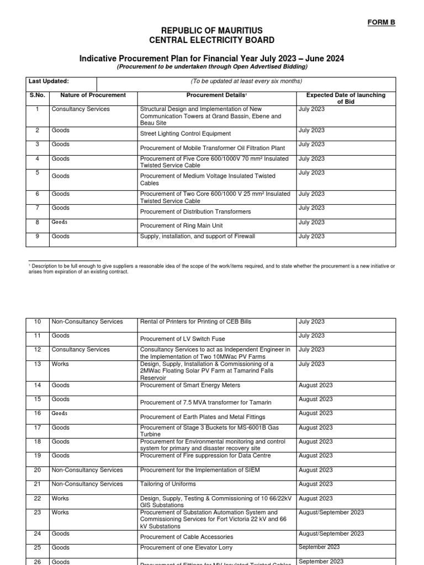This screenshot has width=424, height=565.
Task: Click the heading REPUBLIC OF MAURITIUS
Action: [x=211, y=30]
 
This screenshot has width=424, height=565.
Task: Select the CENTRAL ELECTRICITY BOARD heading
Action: [x=211, y=40]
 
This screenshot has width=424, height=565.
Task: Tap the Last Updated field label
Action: [x=49, y=81]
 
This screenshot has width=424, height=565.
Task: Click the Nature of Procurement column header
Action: [x=93, y=95]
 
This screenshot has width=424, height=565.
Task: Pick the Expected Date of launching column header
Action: [x=346, y=99]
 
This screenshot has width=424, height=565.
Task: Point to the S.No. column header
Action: [x=36, y=95]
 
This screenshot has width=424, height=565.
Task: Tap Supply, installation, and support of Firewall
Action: [x=198, y=236]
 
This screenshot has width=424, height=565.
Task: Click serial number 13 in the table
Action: [x=38, y=364]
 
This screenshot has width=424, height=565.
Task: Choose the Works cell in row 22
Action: [x=60, y=498]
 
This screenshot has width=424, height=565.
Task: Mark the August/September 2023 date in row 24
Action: [x=331, y=534]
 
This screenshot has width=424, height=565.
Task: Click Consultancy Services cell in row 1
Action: [x=81, y=109]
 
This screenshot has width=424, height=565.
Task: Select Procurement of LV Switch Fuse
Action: [x=183, y=339]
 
